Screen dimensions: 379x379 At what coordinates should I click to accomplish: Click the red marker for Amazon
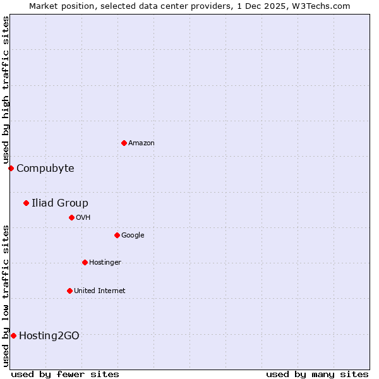pos(124,143)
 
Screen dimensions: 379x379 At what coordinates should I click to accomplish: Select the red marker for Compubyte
pos(11,168)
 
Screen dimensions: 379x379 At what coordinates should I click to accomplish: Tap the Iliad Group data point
pos(26,203)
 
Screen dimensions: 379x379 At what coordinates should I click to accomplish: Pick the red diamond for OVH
pos(71,217)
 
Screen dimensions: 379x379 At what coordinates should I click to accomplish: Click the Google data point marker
pos(117,235)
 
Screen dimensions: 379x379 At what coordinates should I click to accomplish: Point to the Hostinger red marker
pos(85,262)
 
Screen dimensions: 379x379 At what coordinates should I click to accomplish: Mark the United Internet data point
pos(69,291)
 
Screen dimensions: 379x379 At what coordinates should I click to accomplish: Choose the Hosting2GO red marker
pos(13,335)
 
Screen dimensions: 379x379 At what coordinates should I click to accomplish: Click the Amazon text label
pos(141,143)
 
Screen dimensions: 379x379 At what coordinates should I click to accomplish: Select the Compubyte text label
pos(45,168)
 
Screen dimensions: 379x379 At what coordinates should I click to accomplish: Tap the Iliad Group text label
pos(60,203)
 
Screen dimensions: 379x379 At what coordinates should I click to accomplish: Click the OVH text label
pos(83,218)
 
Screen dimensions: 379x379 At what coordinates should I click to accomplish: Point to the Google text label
pos(133,236)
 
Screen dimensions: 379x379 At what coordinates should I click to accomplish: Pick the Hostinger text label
pos(105,263)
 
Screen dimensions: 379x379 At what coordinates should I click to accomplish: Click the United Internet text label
pos(100,291)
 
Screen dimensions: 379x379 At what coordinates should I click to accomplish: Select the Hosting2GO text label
pos(49,335)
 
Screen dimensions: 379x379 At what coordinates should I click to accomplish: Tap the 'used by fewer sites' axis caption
pos(65,374)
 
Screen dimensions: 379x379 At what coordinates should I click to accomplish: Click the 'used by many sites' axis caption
pos(317,374)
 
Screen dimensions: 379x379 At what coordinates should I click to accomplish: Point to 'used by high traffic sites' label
pos(6,90)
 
